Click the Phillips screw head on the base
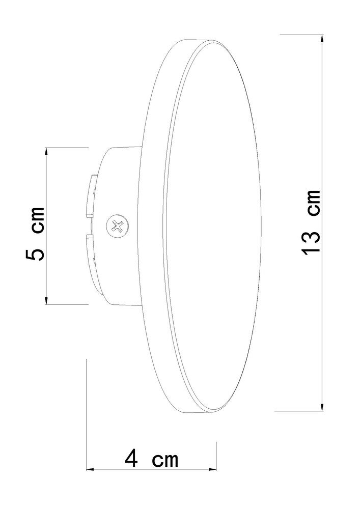pos(117,225)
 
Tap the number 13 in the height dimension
pos(311,242)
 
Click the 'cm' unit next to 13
pos(314,203)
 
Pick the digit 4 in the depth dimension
pos(131,459)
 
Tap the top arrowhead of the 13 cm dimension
pos(322,39)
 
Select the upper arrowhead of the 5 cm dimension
pos(46,152)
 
